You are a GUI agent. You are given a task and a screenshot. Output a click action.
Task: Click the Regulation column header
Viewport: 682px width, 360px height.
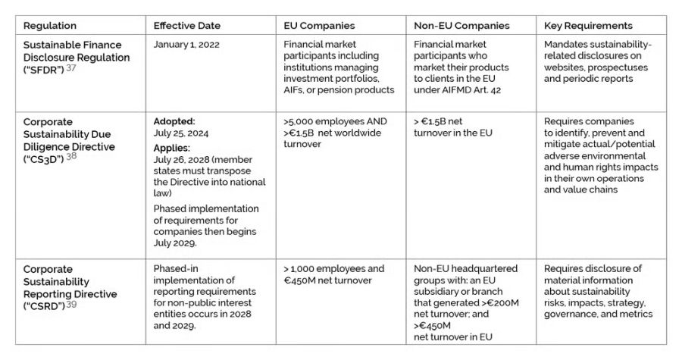(x=50, y=26)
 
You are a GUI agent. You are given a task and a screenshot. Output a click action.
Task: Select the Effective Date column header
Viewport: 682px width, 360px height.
(x=187, y=26)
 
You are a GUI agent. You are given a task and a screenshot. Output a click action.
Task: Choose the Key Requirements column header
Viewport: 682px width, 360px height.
(x=587, y=26)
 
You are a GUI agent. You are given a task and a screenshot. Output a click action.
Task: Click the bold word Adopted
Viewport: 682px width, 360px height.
(x=174, y=121)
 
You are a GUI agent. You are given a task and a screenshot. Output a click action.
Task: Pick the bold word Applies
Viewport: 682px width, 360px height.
(x=172, y=148)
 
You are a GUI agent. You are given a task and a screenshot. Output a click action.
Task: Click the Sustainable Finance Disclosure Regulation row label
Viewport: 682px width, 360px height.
(x=76, y=57)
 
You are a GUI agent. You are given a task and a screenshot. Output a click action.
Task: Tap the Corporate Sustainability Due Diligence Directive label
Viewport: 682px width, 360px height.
(x=68, y=139)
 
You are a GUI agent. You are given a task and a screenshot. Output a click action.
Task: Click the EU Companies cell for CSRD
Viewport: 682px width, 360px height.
(x=333, y=274)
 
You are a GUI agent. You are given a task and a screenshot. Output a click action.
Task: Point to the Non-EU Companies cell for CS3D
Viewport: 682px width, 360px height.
(x=453, y=127)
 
